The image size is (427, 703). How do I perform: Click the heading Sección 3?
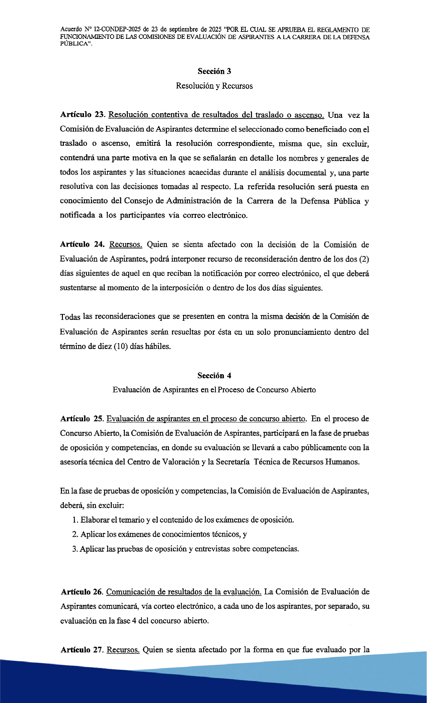(x=214, y=71)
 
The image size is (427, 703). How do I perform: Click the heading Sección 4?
(x=214, y=375)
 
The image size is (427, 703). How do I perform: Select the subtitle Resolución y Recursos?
(x=214, y=86)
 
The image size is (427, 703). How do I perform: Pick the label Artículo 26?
(x=83, y=592)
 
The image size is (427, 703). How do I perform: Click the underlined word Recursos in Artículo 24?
(x=126, y=245)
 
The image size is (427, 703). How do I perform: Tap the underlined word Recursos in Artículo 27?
(x=123, y=650)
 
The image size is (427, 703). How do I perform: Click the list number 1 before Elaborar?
(x=75, y=520)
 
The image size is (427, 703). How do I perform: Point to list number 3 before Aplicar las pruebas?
(x=75, y=549)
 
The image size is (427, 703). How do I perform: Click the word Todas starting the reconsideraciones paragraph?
(x=70, y=317)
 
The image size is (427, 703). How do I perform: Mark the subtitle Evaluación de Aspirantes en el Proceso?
(x=214, y=390)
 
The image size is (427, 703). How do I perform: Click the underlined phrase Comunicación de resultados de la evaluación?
(x=184, y=592)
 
